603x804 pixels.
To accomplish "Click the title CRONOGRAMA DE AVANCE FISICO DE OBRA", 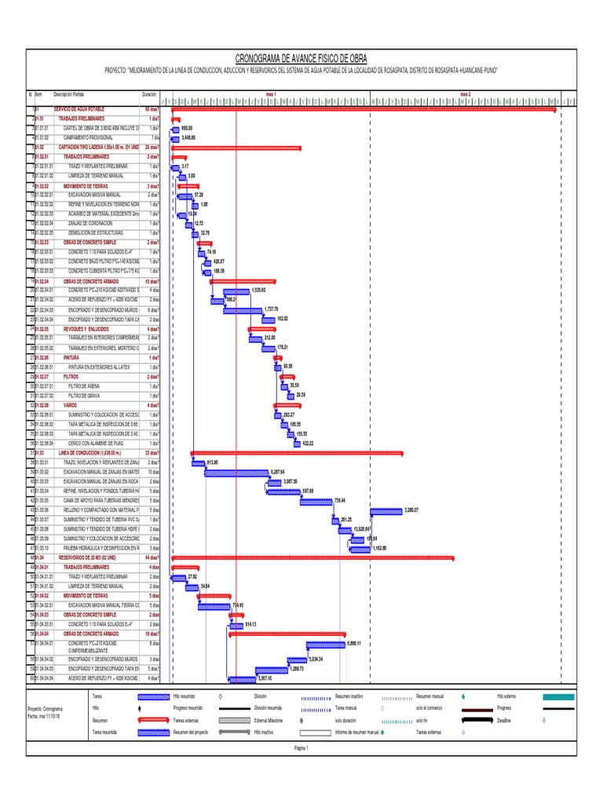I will [301, 59].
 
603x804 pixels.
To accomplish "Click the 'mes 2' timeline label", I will [465, 94].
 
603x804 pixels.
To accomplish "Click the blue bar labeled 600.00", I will [175, 127].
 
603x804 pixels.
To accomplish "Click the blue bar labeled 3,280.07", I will [386, 511].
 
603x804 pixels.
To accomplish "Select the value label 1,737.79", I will [272, 309].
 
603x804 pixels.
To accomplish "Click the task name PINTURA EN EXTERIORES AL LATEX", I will [99, 367].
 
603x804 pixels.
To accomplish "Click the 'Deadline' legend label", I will [503, 720].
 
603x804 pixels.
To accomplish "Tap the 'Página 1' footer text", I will [301, 748].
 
